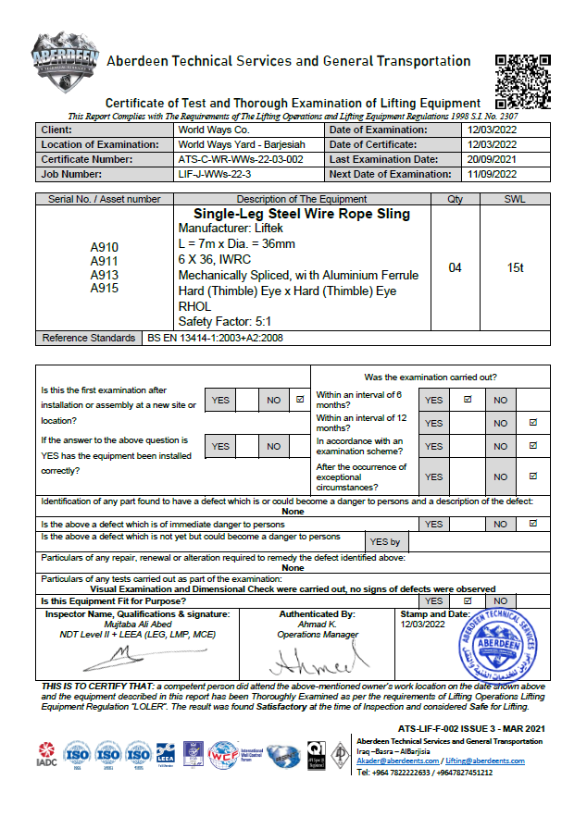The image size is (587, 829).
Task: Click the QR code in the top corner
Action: [525, 80]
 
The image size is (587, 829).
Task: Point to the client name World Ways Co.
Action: [210, 130]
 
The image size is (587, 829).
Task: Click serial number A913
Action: [105, 275]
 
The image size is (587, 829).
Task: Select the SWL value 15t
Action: [515, 268]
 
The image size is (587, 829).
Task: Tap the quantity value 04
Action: [456, 268]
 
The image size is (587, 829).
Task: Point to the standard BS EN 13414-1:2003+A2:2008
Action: [216, 339]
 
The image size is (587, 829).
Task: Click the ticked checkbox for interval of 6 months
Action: [468, 400]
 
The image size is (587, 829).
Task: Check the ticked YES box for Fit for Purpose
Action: [468, 600]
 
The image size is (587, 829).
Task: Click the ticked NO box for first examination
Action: [299, 401]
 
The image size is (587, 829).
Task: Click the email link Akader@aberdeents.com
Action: [394, 761]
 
